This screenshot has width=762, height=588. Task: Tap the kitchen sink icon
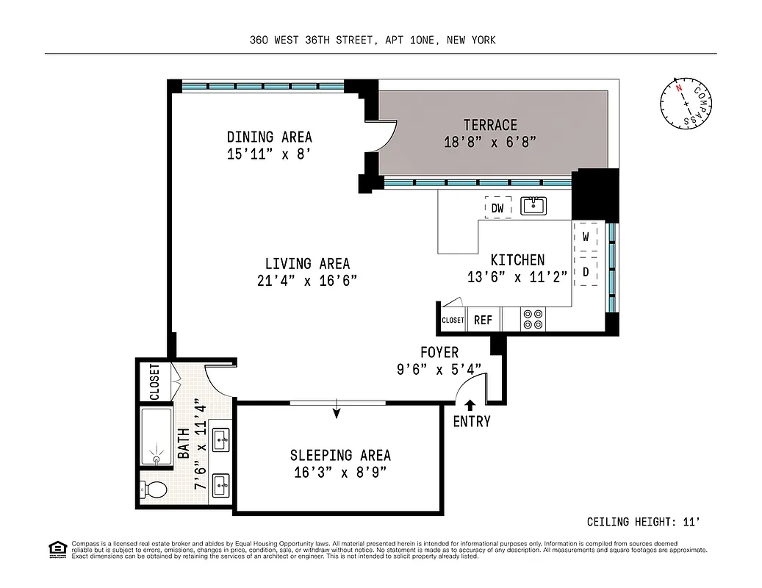[x=533, y=206]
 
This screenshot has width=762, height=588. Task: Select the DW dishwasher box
[x=497, y=208]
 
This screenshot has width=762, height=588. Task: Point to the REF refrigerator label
[x=483, y=320]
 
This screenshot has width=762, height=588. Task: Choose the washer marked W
[x=586, y=237]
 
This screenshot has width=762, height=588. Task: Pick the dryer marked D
[x=586, y=271]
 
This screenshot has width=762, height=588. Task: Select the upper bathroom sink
[x=220, y=440]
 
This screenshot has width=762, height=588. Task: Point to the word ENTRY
[x=471, y=422]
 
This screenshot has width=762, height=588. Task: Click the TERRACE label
[x=490, y=125]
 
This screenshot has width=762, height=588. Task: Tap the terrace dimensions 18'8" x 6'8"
[x=490, y=142]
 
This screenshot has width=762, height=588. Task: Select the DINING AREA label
[x=269, y=137]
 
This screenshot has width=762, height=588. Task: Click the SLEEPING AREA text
[x=340, y=456]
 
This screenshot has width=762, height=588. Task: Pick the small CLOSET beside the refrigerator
[x=453, y=320]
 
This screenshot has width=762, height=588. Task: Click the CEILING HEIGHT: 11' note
[x=643, y=522]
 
